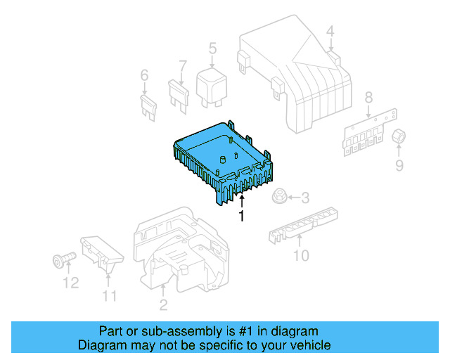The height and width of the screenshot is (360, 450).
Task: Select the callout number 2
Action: pos(163,304)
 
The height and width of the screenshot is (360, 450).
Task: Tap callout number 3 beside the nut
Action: pos(305,199)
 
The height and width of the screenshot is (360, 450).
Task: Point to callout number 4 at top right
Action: pos(330,31)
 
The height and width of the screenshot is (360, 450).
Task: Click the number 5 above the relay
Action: pos(212,49)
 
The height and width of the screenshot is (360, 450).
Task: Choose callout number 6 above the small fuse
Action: pos(145,75)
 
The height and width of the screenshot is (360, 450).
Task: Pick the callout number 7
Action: pos(183,67)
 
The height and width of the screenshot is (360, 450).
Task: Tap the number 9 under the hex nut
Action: pos(399,165)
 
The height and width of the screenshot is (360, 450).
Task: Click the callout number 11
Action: pos(109,295)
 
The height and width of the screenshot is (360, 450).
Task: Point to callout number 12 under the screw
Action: pos(69,283)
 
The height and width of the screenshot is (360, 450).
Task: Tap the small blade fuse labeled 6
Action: pos(148,107)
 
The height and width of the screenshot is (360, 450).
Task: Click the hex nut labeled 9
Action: pos(399,136)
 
